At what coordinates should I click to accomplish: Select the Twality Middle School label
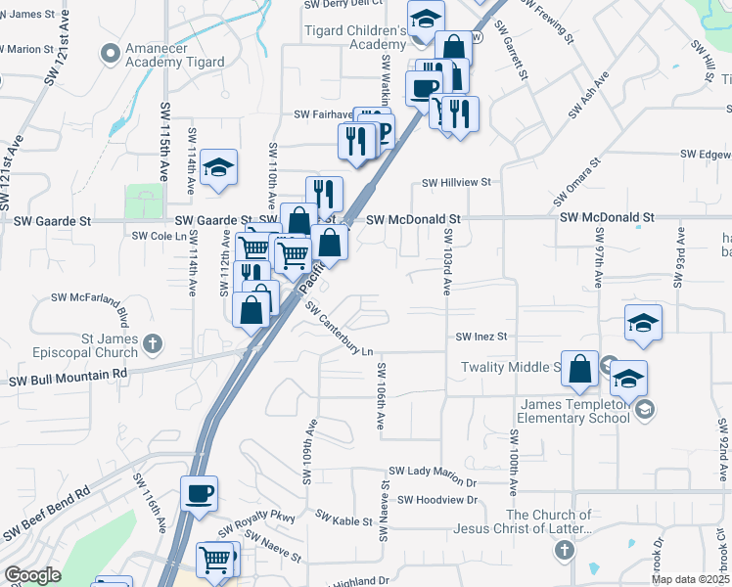[509, 367]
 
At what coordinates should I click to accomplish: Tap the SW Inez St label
[483, 337]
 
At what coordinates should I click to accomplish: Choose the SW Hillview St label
[456, 182]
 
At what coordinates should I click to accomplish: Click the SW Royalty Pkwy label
[255, 523]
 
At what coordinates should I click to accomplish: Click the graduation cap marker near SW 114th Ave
[218, 167]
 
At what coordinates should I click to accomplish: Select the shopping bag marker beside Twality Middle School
[580, 369]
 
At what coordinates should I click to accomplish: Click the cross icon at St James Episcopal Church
[152, 342]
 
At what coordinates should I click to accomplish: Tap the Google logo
[32, 576]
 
